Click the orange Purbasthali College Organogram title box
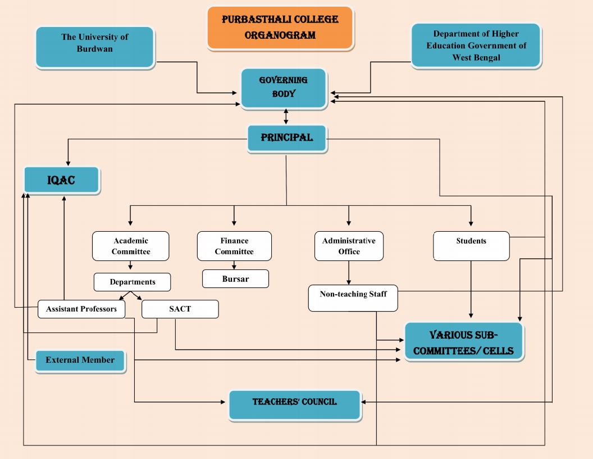280,28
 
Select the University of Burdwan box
95,47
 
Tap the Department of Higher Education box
476,46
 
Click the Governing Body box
284,89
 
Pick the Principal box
287,138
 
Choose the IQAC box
62,180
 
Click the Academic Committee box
130,246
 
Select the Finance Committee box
234,246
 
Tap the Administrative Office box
349,246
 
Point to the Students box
471,246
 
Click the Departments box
133,282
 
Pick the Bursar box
236,279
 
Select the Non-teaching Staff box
353,299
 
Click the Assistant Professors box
81,309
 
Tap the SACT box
180,309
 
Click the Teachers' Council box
295,405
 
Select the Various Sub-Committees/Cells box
464,341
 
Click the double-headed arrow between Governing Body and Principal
286,116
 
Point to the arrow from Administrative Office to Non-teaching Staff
349,273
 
